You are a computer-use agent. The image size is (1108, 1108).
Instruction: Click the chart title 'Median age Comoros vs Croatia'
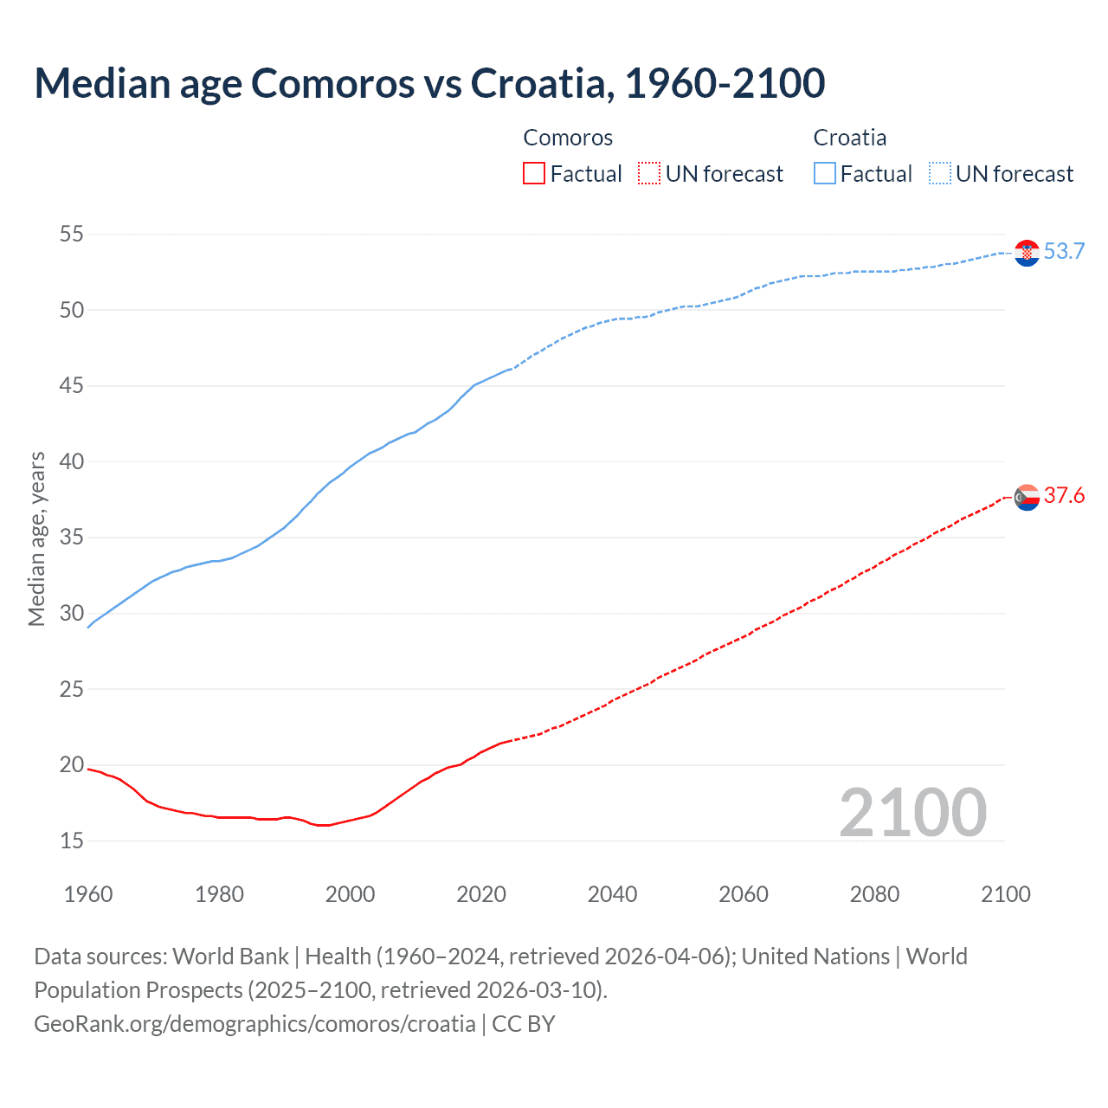429,83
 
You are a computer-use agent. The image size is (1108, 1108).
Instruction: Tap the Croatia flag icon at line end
1027,253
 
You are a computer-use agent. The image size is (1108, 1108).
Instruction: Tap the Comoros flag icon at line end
1027,497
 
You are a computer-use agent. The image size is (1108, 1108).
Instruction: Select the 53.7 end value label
1064,252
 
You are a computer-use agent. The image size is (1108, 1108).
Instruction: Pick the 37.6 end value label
1064,496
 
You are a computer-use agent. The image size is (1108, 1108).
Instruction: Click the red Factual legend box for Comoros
534,174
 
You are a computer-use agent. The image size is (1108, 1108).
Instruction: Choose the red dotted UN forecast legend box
648,174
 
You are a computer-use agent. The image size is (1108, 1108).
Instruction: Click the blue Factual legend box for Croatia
824,174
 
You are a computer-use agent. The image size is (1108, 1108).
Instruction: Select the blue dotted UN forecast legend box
939,174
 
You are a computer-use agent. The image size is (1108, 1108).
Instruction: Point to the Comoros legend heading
568,138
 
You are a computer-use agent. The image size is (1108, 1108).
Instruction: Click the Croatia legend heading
849,138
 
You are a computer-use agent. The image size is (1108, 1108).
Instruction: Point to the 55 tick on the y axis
72,234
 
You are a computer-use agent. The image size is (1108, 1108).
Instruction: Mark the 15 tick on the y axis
72,841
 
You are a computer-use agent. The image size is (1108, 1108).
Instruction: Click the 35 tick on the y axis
72,538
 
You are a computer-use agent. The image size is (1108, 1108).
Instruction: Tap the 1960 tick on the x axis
88,894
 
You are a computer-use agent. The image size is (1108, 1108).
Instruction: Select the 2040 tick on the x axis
612,894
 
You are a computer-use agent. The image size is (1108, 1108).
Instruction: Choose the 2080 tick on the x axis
874,894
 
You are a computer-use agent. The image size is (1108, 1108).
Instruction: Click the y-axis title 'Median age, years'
36,538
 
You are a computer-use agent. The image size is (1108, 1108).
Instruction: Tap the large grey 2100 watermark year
912,813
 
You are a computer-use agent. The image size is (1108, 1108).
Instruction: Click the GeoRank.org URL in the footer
254,1024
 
